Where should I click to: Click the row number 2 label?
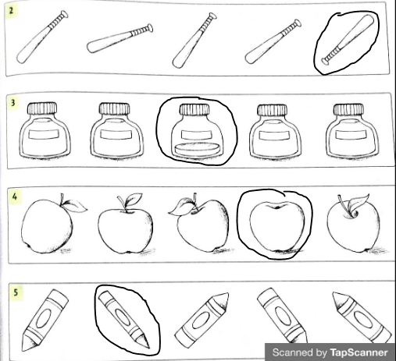11,11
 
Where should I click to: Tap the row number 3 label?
12,103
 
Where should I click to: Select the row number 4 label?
15,196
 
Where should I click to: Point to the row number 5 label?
16,292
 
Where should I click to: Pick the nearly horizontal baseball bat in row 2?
120,38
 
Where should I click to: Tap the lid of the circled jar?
194,109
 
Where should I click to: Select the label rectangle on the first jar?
44,134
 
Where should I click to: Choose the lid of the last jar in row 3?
348,109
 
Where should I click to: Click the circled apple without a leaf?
276,226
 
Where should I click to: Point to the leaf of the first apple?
75,207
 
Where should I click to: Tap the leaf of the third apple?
180,207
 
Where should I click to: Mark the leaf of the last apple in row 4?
359,202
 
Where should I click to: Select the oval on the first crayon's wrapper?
43,318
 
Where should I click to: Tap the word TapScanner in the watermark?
359,352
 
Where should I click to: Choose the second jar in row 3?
116,130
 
